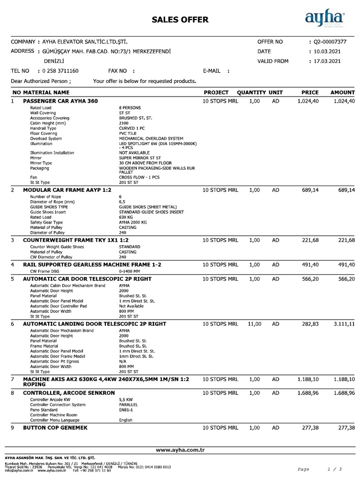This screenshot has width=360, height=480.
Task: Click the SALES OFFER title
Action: tap(180, 19)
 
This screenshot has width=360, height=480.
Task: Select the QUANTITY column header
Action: tap(251, 92)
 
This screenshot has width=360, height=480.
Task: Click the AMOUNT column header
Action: tap(343, 92)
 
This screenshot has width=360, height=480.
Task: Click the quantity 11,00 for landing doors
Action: tap(254, 324)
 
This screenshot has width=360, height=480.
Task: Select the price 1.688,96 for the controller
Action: tap(308, 392)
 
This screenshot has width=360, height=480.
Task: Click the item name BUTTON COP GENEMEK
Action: tap(55, 428)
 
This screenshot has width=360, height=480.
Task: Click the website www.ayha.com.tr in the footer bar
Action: tap(180, 450)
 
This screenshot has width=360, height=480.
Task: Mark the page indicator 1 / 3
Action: tap(334, 469)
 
